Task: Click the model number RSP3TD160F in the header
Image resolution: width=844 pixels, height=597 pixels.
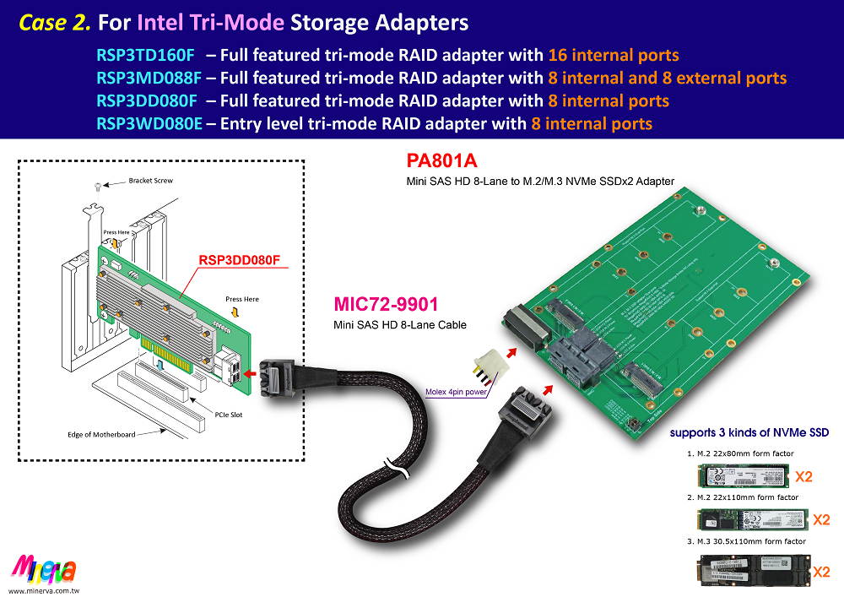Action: [145, 56]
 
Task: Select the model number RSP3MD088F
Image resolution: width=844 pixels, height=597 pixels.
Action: [148, 79]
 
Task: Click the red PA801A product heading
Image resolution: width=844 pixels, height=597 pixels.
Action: [441, 161]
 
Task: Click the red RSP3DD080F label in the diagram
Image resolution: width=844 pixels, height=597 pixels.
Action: [239, 260]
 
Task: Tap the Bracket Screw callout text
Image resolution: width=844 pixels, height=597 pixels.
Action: [150, 181]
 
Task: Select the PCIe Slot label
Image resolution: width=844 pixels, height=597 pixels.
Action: [229, 415]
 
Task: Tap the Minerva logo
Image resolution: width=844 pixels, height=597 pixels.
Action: [45, 569]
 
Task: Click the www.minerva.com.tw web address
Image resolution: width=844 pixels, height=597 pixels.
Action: [49, 589]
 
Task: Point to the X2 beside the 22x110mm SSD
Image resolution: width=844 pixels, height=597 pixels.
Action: [821, 519]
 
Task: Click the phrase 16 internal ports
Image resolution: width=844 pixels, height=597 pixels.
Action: [614, 56]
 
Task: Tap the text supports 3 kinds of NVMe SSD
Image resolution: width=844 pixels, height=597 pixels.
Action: [749, 432]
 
